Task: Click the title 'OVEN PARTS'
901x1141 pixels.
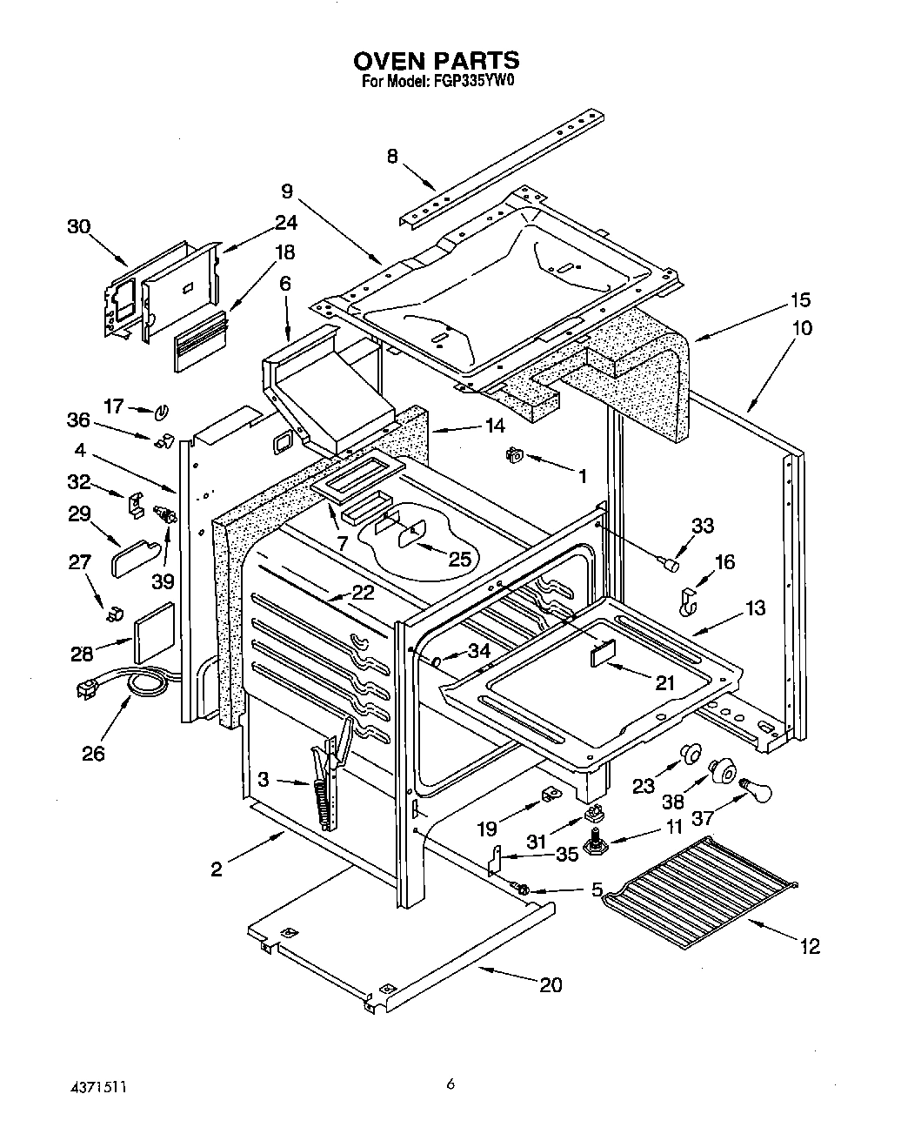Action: coord(436,60)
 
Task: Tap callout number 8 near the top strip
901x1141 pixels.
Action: coord(392,157)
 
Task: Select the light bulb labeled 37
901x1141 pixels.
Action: coord(755,791)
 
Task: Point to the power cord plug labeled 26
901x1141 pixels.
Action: coord(88,689)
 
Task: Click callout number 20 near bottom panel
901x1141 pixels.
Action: coord(551,984)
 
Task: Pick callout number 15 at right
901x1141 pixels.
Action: coord(800,300)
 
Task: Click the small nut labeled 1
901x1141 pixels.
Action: coord(515,454)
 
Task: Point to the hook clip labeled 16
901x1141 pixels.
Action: coord(689,601)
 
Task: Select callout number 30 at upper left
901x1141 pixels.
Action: coord(79,226)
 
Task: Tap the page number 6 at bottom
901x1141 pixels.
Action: coord(450,1084)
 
